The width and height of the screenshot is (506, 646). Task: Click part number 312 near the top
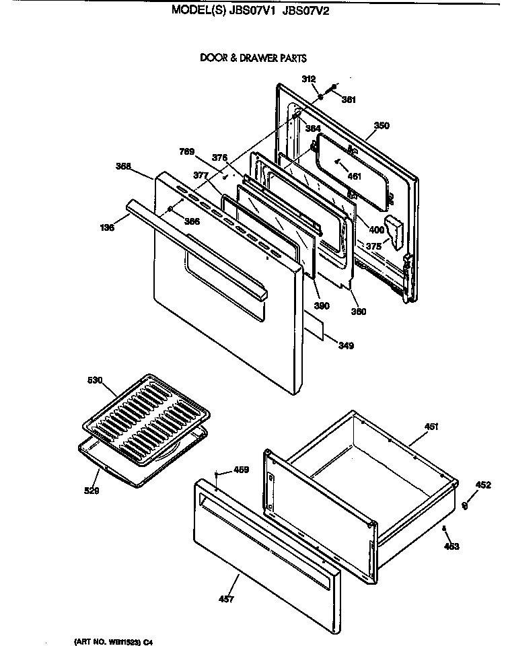point(309,79)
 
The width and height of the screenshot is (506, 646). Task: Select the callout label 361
point(348,100)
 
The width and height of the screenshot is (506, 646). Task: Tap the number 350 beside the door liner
point(382,126)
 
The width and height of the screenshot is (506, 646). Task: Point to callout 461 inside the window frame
point(353,176)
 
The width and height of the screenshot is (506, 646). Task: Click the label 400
point(376,230)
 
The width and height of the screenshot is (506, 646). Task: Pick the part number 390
point(322,306)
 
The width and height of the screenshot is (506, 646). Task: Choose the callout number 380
point(359,312)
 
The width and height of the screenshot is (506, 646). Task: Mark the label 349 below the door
point(346,346)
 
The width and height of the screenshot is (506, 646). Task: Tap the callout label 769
point(187,151)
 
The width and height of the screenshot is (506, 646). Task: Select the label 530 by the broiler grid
point(96,381)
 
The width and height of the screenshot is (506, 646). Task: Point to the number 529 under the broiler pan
point(92,491)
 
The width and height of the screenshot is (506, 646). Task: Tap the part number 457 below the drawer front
point(227,599)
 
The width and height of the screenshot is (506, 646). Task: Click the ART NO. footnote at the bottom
point(118,642)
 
